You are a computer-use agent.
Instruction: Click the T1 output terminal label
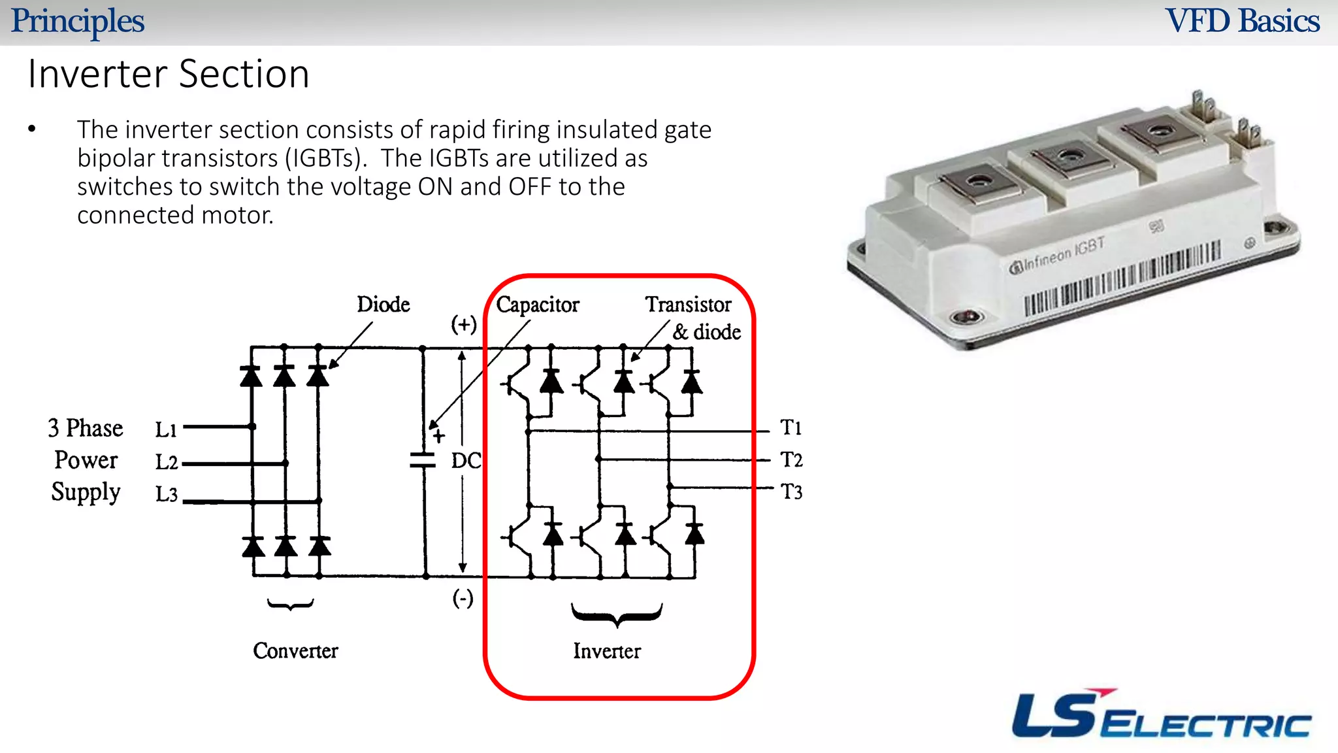[791, 427]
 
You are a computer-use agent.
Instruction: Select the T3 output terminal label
[791, 492]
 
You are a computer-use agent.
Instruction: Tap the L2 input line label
[166, 462]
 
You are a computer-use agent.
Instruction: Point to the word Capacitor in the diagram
[537, 305]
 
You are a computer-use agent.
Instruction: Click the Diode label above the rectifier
[383, 305]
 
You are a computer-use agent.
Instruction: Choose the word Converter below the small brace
[295, 650]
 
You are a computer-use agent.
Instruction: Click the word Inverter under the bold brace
[607, 651]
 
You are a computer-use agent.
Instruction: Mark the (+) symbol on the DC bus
[464, 324]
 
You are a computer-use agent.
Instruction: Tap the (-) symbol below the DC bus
[463, 598]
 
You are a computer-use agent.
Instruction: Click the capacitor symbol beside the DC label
[423, 460]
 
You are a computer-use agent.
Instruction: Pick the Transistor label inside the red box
[688, 305]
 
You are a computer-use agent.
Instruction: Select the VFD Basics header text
[1243, 21]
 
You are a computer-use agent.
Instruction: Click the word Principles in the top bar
[78, 21]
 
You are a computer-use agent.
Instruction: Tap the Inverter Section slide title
[169, 74]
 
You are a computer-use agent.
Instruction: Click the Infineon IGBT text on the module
[1058, 256]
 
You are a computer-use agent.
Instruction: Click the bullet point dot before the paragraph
[32, 129]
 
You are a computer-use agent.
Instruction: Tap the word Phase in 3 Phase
[95, 428]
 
